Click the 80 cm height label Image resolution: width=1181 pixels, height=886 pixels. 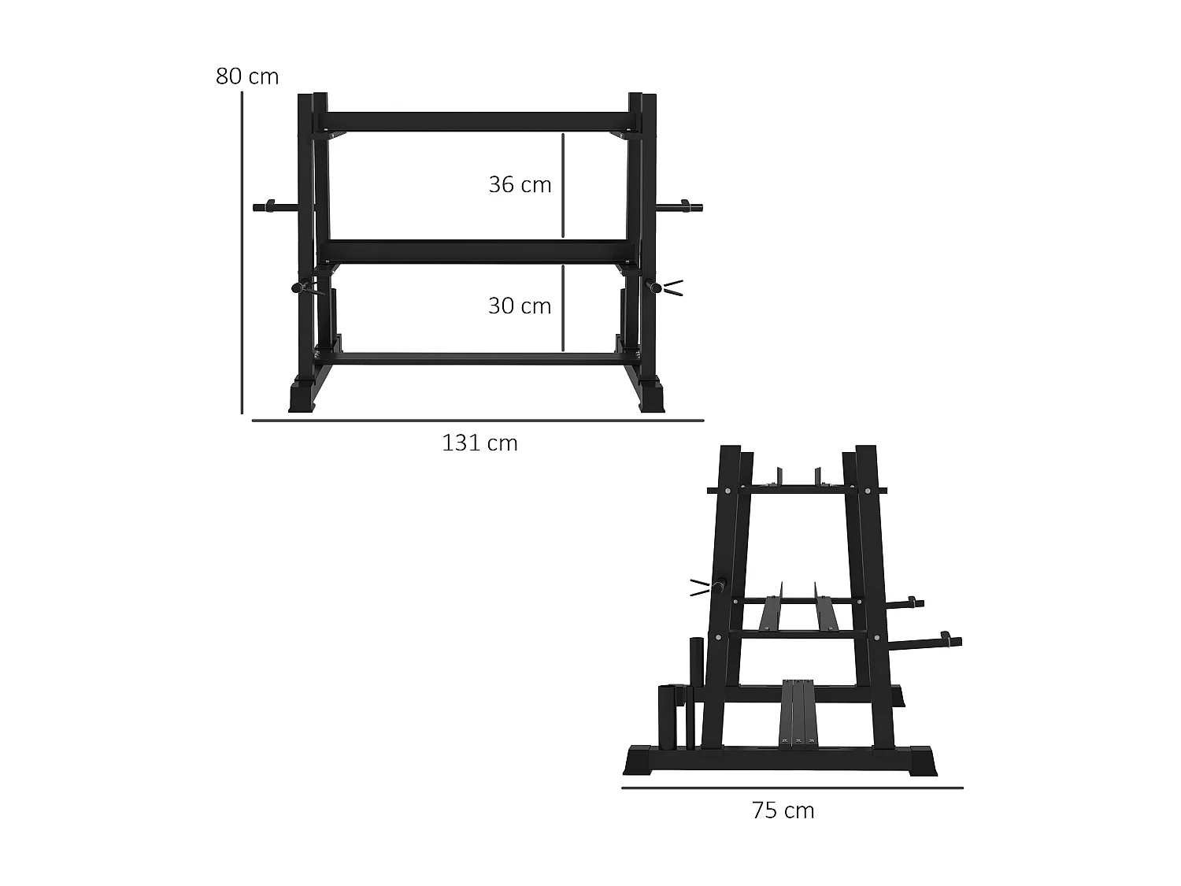point(247,76)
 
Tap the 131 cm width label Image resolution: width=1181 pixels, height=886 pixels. point(479,443)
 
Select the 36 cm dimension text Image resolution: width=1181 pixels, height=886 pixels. point(520,184)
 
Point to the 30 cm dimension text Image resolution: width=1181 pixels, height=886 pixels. point(520,306)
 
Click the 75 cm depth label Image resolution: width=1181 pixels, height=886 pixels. point(783,810)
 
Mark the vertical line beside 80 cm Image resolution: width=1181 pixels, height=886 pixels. point(242,252)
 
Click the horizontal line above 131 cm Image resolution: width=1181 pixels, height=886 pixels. point(477,421)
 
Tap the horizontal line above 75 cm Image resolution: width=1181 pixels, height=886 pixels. point(791,787)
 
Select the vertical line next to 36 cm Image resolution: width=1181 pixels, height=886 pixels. point(564,185)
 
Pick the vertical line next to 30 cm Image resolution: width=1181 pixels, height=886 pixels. point(564,307)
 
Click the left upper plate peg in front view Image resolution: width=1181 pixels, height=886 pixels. point(272,208)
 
